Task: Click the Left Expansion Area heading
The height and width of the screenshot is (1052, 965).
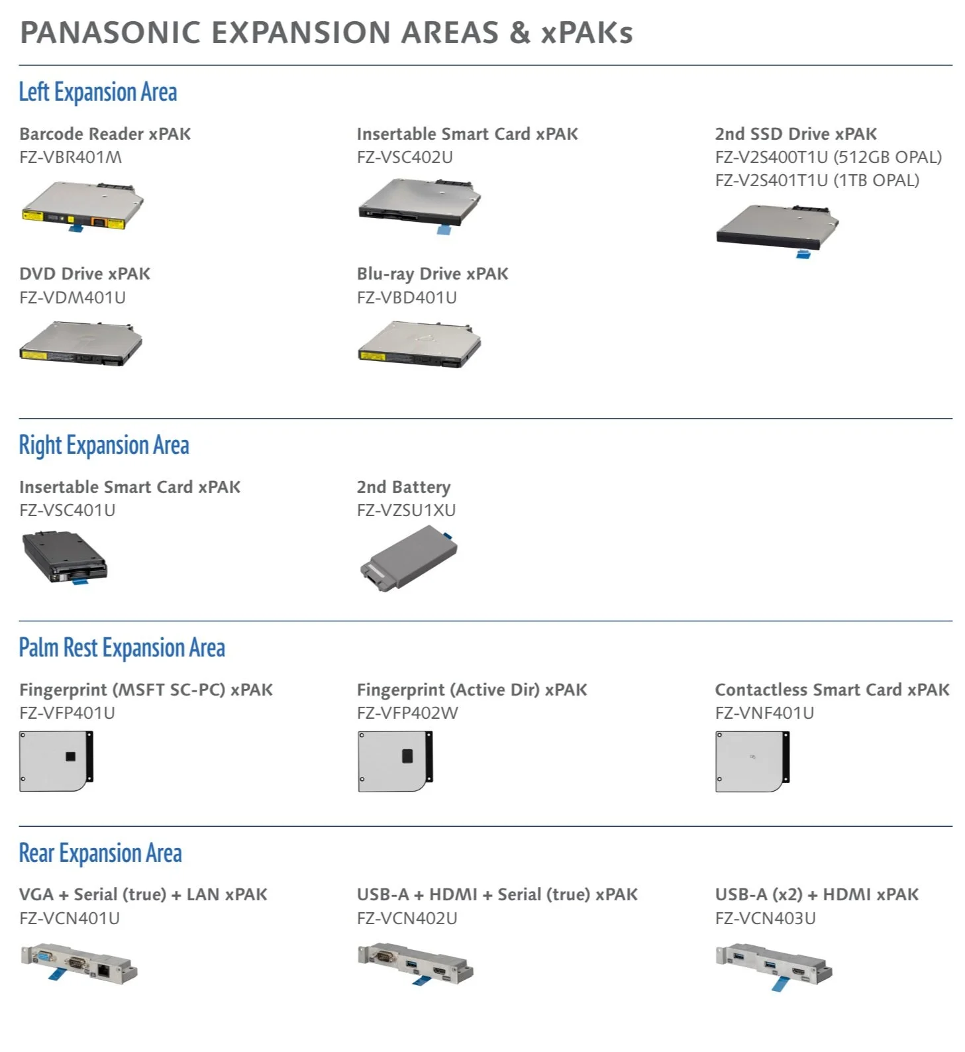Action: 97,92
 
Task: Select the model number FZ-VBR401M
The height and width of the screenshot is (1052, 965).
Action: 70,157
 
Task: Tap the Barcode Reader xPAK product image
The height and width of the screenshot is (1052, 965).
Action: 82,207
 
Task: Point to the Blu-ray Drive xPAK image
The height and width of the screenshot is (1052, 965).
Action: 419,344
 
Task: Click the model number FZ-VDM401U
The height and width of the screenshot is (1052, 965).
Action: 72,297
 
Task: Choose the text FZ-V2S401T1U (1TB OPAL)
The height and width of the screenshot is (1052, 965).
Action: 817,180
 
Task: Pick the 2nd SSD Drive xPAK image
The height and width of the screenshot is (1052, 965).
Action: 777,229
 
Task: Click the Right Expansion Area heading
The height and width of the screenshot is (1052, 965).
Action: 103,445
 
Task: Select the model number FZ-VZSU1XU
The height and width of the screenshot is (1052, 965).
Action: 406,510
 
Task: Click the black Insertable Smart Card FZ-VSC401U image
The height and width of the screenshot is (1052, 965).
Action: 64,557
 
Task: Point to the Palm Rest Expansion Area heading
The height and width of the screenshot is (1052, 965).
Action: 122,648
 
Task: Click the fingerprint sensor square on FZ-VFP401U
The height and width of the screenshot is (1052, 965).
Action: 70,757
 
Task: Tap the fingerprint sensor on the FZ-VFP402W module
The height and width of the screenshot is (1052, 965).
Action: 407,756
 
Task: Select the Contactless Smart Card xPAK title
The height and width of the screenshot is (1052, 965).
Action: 832,690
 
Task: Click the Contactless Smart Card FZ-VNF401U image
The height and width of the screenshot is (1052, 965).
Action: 752,761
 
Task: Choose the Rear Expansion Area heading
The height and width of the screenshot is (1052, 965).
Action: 100,853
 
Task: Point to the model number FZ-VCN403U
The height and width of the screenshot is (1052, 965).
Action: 765,918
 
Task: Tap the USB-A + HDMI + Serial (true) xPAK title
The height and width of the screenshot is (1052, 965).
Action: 497,894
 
